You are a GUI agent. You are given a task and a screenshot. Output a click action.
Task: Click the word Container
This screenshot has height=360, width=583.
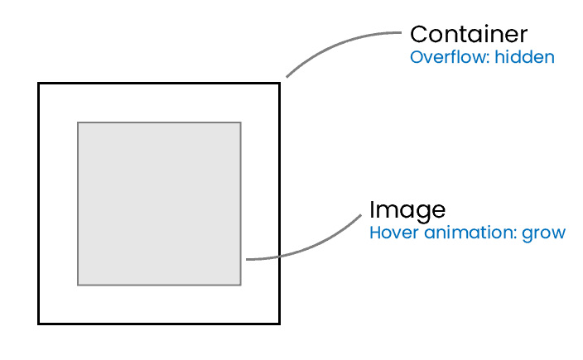point(469,35)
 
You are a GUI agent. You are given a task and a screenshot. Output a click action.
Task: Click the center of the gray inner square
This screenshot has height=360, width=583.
point(159,204)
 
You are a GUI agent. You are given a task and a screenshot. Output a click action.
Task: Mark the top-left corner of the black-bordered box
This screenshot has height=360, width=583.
point(39,84)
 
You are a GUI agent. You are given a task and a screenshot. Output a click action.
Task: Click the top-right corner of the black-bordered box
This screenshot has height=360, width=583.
point(279,84)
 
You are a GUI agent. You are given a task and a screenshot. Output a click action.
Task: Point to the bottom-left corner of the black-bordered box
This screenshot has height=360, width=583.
point(39,323)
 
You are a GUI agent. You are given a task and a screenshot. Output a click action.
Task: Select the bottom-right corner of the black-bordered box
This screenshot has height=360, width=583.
point(279,323)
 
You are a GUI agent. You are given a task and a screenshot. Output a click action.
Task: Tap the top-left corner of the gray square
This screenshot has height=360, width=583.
point(78,122)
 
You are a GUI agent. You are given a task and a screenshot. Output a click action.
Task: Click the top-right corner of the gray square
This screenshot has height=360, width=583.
point(240,122)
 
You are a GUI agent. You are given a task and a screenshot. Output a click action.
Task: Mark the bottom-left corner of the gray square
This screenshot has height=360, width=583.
point(78,285)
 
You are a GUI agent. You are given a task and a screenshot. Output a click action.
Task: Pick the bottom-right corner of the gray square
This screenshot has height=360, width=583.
point(240,285)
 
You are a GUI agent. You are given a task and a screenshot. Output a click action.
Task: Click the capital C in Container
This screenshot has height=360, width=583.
point(419,35)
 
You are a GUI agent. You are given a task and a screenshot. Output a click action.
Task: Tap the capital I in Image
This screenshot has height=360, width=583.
point(373,209)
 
